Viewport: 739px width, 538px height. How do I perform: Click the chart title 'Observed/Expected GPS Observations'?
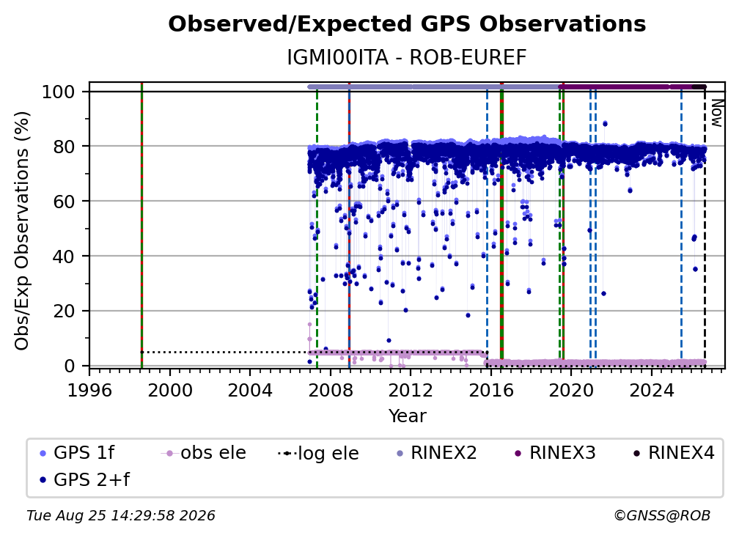pos(407,24)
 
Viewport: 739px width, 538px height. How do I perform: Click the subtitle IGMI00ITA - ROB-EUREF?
pos(407,58)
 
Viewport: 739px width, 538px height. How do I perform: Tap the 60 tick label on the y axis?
pos(64,201)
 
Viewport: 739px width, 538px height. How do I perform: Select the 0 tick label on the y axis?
pos(70,366)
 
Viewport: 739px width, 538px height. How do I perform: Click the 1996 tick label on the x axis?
pos(89,390)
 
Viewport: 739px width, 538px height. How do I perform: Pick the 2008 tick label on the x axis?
pos(331,390)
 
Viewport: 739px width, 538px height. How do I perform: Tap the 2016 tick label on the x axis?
pos(490,390)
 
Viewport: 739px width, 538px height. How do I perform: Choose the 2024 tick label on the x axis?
pos(651,390)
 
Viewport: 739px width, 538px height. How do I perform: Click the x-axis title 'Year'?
pos(407,416)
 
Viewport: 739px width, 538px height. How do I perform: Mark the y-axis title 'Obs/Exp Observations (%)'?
pos(22,231)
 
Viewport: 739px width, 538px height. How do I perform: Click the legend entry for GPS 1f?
pos(77,453)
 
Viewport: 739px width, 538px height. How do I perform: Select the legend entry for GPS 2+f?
pos(84,479)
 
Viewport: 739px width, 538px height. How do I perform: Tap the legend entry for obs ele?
pos(204,453)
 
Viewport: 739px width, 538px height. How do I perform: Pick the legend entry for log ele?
pos(319,453)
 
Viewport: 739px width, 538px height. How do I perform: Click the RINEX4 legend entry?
pos(674,453)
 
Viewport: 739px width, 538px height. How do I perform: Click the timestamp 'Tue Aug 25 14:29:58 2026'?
pos(121,515)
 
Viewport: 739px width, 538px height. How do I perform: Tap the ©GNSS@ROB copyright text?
pos(662,515)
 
